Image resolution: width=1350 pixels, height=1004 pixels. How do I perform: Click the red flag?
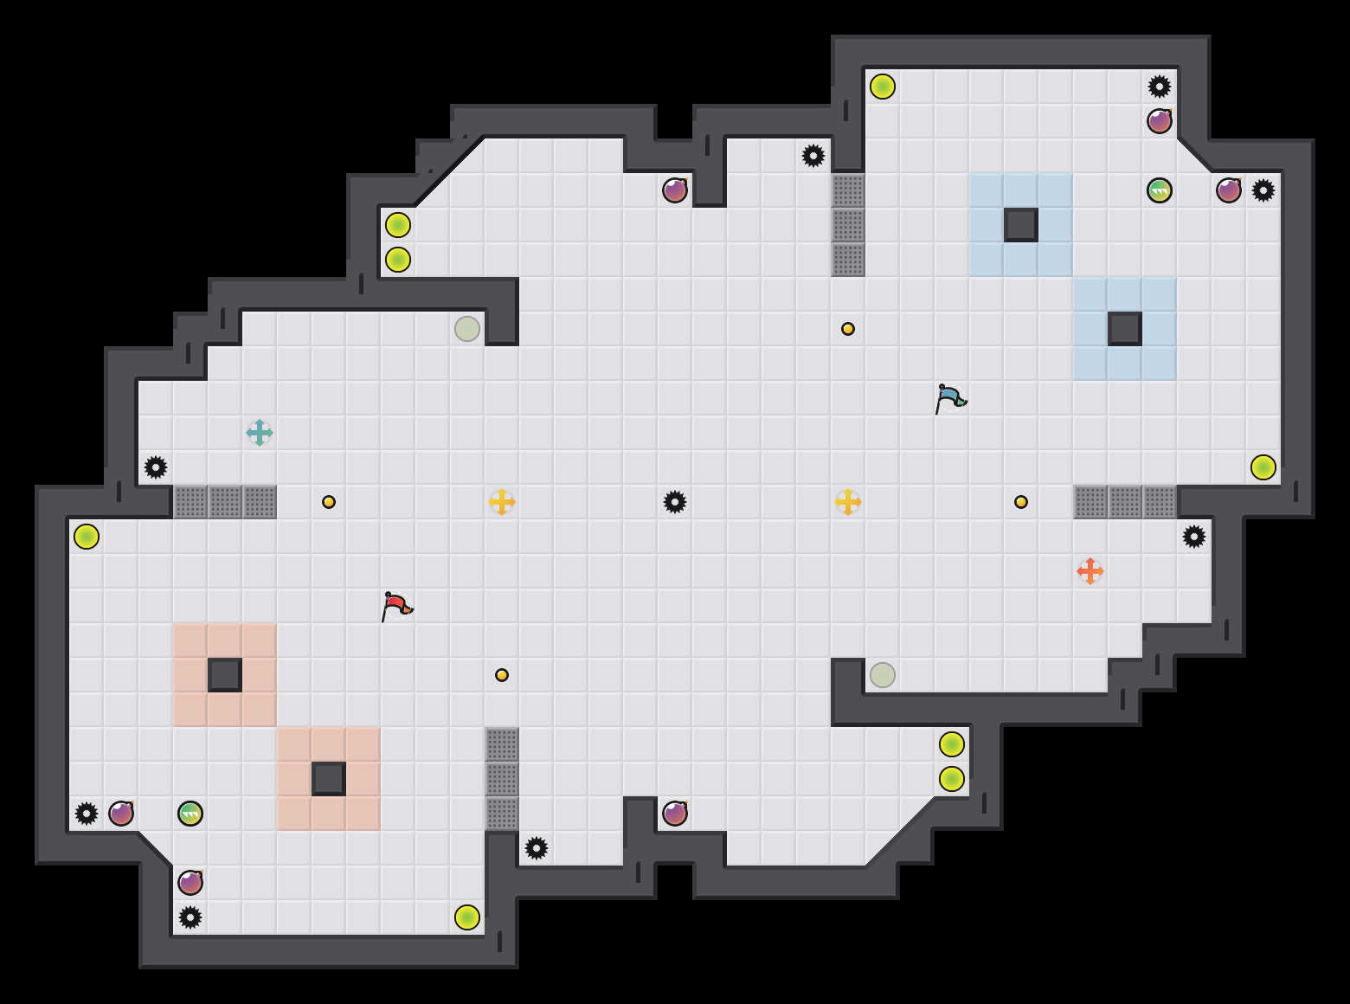(396, 605)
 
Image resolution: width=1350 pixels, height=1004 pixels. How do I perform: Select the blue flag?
(950, 397)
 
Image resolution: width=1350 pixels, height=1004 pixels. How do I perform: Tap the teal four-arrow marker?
(260, 433)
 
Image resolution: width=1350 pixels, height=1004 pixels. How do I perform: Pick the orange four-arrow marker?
(1090, 571)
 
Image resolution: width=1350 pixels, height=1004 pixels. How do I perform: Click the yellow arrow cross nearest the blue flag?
(848, 502)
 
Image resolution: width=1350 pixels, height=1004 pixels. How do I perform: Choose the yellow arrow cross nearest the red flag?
(502, 502)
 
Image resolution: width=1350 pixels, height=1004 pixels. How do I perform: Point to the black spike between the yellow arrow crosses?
(675, 502)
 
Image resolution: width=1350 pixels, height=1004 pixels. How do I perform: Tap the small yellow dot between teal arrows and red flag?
(329, 502)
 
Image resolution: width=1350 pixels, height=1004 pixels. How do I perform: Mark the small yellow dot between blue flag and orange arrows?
(1021, 502)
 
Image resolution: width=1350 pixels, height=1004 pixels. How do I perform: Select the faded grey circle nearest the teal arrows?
(467, 329)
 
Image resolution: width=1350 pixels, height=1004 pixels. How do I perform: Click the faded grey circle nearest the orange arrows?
(883, 675)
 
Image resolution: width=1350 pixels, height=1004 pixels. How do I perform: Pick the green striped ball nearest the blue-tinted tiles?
(1160, 190)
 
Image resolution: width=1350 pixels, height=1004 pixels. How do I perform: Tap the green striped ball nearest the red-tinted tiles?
(190, 814)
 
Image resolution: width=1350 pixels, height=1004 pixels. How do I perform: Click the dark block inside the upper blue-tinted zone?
(1021, 225)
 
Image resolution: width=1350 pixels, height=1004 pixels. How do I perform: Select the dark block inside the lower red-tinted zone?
(329, 779)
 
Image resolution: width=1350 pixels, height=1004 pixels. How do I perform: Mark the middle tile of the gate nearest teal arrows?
(225, 502)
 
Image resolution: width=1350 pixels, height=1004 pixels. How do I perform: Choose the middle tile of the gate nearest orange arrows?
(1125, 502)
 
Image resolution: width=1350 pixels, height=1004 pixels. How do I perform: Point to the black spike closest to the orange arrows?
(1194, 537)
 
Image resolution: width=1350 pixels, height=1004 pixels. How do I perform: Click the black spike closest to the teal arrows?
(156, 467)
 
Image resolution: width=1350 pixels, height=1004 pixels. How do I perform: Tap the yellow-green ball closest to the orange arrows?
(1263, 467)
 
